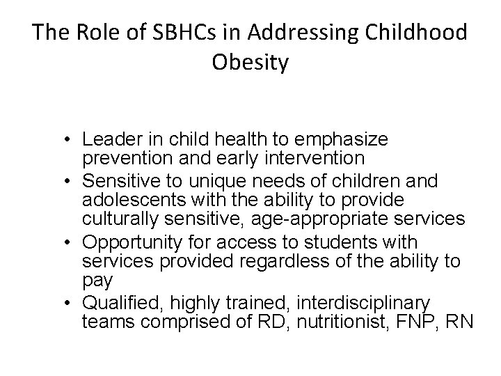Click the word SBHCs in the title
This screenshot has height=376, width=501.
[153, 33]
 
